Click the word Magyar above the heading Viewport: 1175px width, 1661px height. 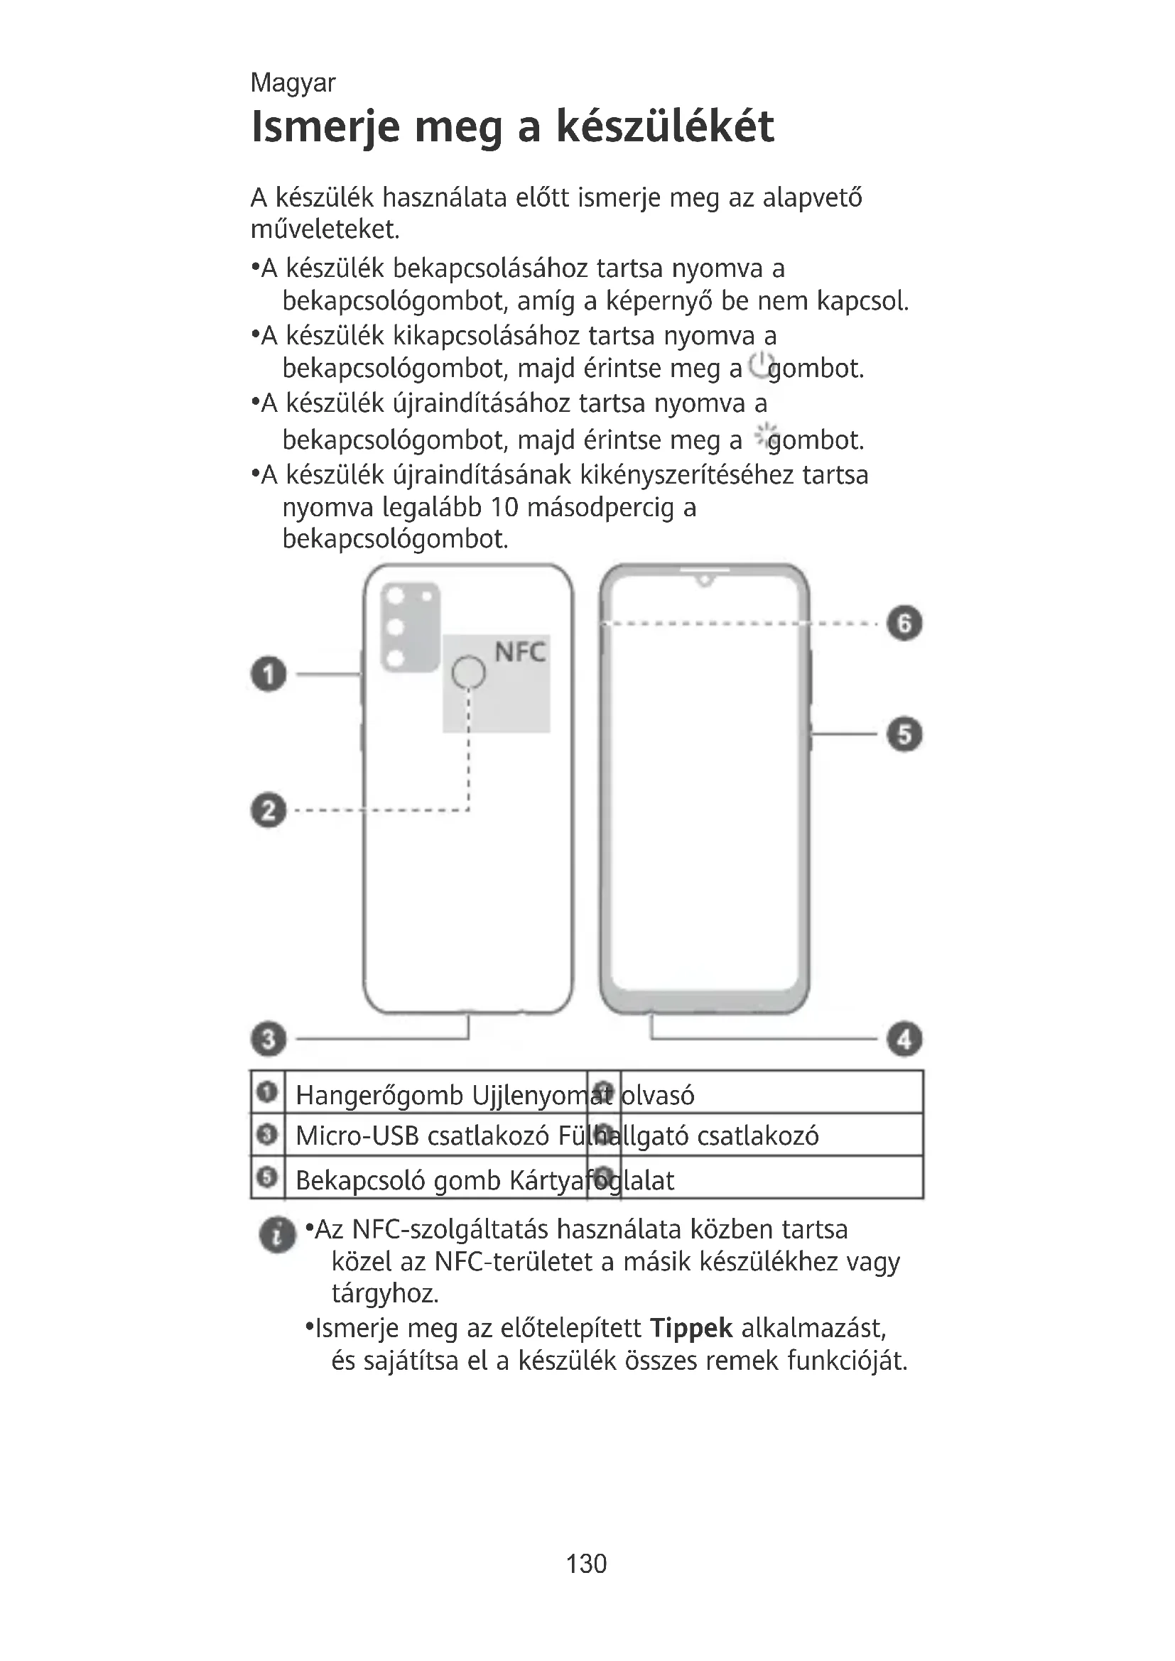pyautogui.click(x=292, y=83)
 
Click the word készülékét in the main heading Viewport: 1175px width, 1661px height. pyautogui.click(x=665, y=126)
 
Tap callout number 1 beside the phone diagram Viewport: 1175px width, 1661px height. pyautogui.click(x=269, y=674)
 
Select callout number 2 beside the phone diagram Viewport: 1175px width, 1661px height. pyautogui.click(x=269, y=810)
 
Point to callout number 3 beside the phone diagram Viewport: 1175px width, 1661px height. pyautogui.click(x=269, y=1039)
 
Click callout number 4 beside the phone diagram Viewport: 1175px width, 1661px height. pyautogui.click(x=904, y=1039)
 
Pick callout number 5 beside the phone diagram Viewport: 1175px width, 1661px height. pyautogui.click(x=904, y=734)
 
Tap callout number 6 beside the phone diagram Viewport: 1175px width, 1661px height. pyautogui.click(x=904, y=623)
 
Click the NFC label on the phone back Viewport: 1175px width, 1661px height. pyautogui.click(x=519, y=653)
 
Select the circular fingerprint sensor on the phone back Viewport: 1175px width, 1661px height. pyautogui.click(x=468, y=672)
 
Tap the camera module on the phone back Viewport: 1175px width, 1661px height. pyautogui.click(x=410, y=626)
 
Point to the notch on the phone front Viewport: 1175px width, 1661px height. pyautogui.click(x=704, y=579)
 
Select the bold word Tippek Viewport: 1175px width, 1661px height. pyautogui.click(x=691, y=1329)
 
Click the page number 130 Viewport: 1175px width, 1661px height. pyautogui.click(x=587, y=1564)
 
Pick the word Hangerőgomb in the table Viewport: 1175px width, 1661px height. pyautogui.click(x=379, y=1095)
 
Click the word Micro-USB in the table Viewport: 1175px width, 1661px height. pyautogui.click(x=357, y=1136)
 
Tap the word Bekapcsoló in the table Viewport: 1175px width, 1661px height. pyautogui.click(x=362, y=1181)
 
